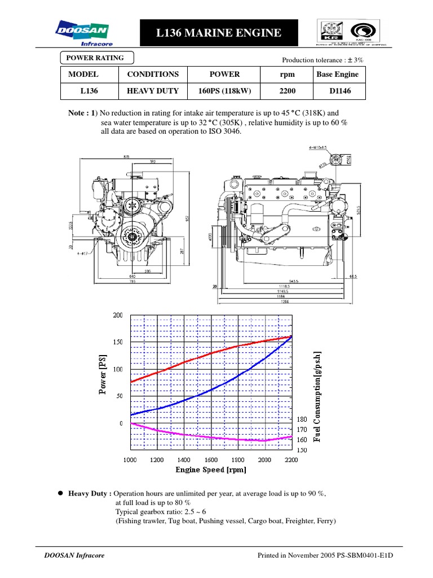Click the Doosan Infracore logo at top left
pyautogui.click(x=83, y=33)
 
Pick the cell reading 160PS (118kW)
pyautogui.click(x=217, y=90)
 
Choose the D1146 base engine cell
pyautogui.click(x=337, y=90)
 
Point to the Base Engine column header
pyautogui.click(x=337, y=74)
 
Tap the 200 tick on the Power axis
pyautogui.click(x=118, y=315)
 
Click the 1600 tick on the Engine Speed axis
pyautogui.click(x=211, y=460)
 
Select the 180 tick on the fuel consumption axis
pyautogui.click(x=302, y=420)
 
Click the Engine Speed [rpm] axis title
pyautogui.click(x=210, y=470)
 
